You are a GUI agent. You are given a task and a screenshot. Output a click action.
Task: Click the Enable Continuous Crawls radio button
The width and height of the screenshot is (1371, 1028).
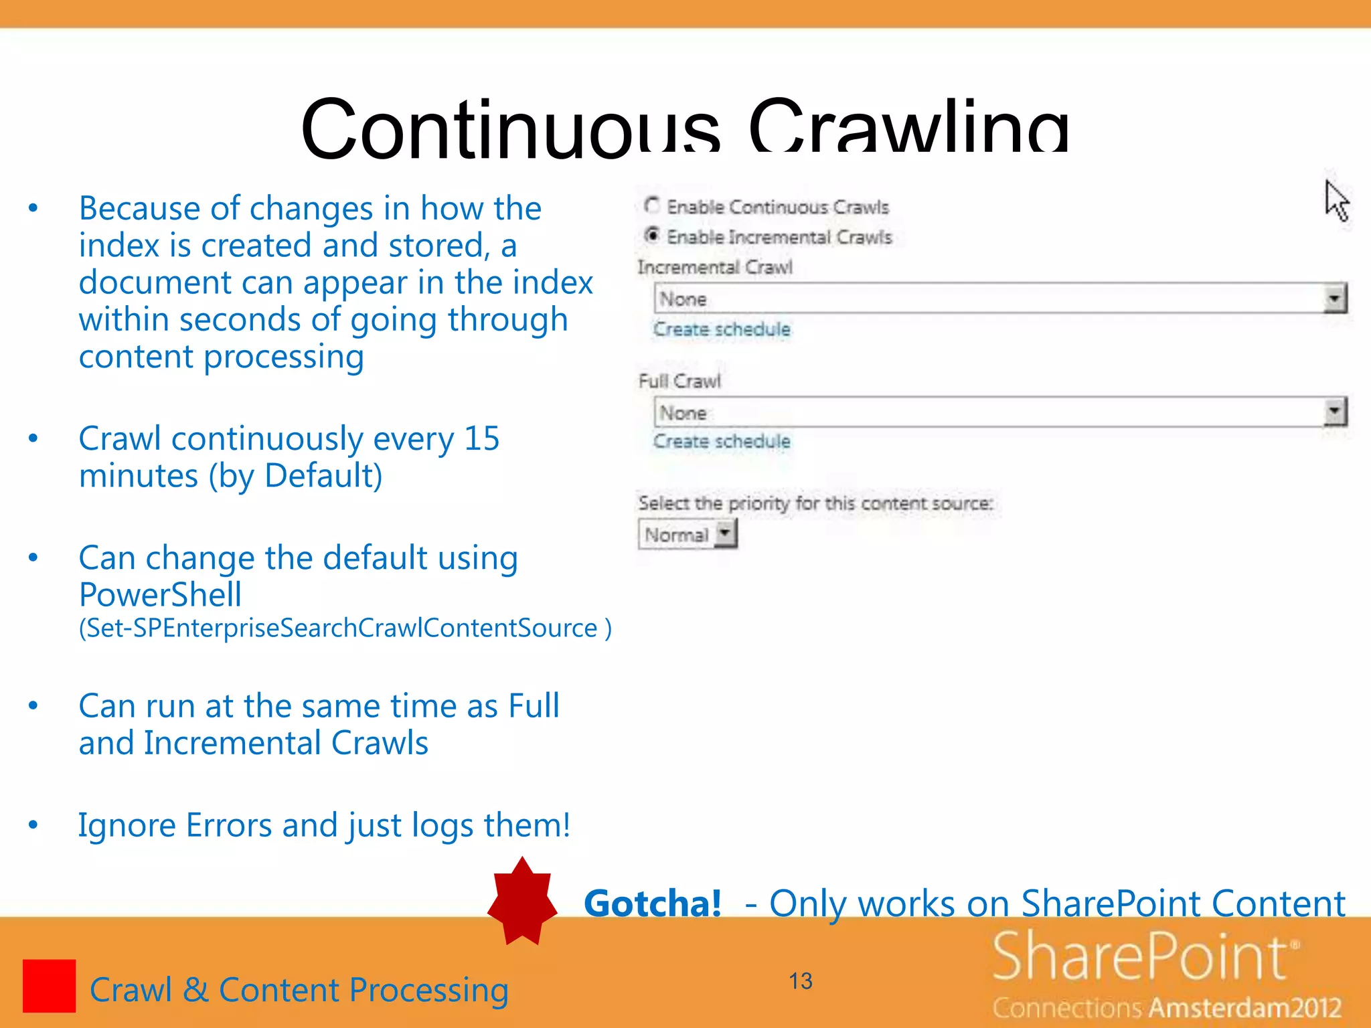(x=651, y=205)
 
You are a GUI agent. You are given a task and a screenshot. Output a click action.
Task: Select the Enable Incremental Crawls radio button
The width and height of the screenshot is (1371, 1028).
(x=651, y=235)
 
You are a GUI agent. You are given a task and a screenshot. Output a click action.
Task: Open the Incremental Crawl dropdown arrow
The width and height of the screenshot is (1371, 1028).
(x=1335, y=298)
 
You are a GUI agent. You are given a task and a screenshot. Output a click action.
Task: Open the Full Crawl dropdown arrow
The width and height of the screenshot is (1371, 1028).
(x=1335, y=412)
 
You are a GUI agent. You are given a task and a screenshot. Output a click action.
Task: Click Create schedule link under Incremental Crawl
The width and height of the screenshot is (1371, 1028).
(x=722, y=329)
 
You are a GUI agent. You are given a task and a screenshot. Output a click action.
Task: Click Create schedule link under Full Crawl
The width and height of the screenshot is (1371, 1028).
(x=722, y=441)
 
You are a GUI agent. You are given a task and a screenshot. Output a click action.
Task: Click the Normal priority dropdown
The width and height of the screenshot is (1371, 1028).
(x=687, y=535)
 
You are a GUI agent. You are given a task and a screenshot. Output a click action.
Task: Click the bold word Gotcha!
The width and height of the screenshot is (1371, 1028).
(x=653, y=904)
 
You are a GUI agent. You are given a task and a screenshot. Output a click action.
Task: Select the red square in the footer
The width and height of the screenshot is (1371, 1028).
(x=49, y=986)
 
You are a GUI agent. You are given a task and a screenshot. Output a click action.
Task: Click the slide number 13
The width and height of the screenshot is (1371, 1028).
(x=800, y=981)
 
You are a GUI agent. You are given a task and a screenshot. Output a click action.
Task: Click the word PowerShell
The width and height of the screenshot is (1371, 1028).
(x=160, y=595)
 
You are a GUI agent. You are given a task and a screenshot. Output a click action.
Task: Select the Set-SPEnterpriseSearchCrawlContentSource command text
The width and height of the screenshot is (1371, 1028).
(x=344, y=628)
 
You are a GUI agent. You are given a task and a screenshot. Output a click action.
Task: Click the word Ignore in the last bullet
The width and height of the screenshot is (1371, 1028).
(x=127, y=825)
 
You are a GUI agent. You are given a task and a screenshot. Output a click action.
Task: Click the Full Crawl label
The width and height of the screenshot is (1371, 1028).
(x=679, y=381)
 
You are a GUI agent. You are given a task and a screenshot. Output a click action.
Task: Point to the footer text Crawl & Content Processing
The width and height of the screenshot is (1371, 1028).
(x=299, y=990)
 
